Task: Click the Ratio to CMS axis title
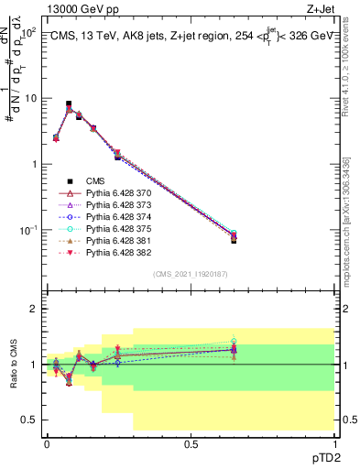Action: (x=12, y=365)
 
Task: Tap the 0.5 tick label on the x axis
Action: (x=191, y=443)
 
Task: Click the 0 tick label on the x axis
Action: (x=47, y=443)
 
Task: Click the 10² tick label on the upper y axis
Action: (x=28, y=32)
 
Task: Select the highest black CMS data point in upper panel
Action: (x=69, y=104)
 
